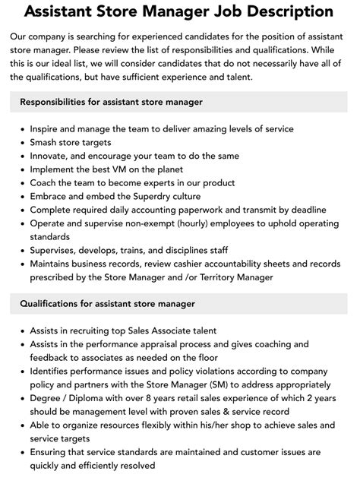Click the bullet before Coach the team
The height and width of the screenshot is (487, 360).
click(x=22, y=182)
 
